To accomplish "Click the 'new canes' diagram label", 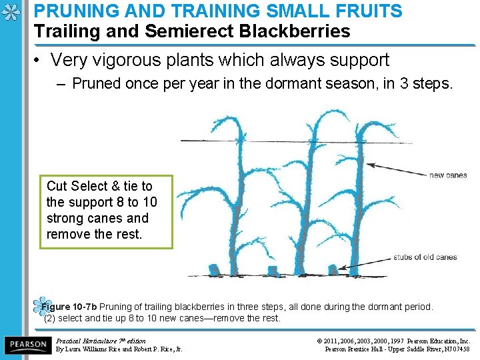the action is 447,175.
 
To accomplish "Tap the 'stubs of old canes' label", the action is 425,257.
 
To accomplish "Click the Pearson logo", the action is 27,344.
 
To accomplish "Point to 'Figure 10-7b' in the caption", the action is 69,307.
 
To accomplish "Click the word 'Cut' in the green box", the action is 57,186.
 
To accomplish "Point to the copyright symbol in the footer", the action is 322,341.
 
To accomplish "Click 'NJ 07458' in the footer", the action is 456,349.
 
